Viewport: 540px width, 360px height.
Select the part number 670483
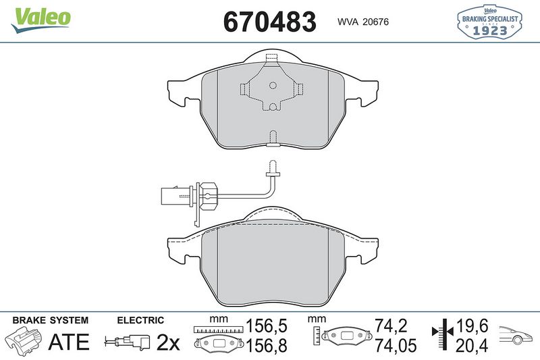(269, 22)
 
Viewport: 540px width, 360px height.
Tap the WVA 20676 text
(362, 22)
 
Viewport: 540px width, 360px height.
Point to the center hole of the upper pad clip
(273, 86)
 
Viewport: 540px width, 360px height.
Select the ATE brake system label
(69, 342)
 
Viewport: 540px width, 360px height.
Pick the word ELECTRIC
(140, 320)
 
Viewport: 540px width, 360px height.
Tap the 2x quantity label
(167, 342)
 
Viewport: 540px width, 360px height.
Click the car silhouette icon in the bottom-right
(516, 334)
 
